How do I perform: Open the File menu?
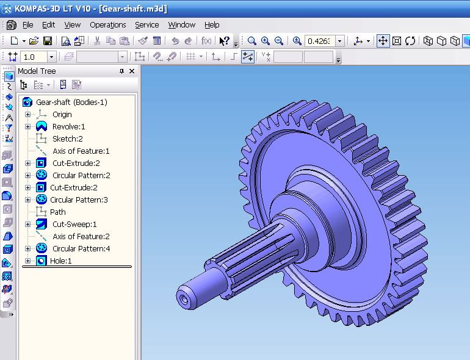[27, 25]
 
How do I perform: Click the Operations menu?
[107, 25]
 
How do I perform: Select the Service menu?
[146, 25]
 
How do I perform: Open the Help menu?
[212, 25]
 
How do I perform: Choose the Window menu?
[181, 25]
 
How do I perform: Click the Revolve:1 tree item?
[68, 126]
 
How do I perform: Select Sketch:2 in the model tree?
[67, 139]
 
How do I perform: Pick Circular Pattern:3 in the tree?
[79, 200]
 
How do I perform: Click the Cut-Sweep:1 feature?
[74, 224]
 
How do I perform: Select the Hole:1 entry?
[60, 261]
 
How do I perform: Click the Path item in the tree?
[58, 212]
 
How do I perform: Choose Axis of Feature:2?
[81, 236]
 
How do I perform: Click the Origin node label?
[62, 114]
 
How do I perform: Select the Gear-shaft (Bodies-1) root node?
[71, 102]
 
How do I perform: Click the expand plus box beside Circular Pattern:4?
[27, 248]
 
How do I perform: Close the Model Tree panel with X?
[132, 71]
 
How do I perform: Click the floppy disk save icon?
[48, 41]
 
